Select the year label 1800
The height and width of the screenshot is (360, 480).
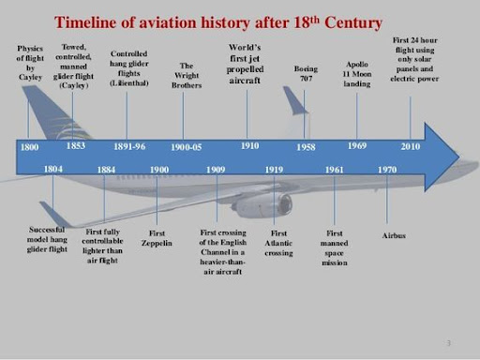click(x=31, y=148)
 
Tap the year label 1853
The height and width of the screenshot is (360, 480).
click(x=78, y=146)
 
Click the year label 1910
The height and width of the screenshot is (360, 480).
click(x=249, y=146)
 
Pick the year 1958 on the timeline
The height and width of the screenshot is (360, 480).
click(x=306, y=148)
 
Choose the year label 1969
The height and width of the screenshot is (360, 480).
click(x=358, y=146)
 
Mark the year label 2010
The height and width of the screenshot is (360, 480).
click(x=411, y=148)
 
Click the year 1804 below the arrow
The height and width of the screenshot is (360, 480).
click(x=54, y=169)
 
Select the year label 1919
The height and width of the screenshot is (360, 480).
click(x=275, y=169)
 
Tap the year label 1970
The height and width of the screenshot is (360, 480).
click(x=387, y=169)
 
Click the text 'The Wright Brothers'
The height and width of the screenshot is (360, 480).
click(x=186, y=72)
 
